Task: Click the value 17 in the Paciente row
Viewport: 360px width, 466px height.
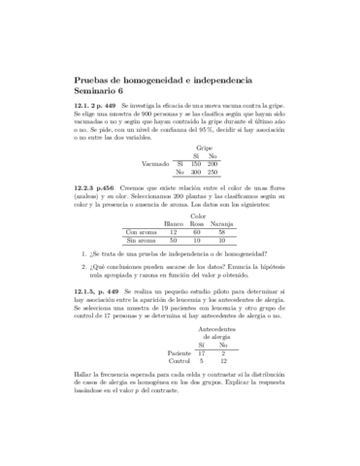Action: point(202,353)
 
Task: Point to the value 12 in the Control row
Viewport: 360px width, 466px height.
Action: point(223,362)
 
